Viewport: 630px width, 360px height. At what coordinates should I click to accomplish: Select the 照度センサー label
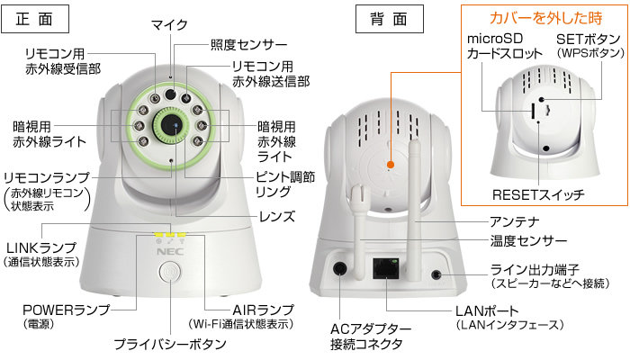[x=248, y=43]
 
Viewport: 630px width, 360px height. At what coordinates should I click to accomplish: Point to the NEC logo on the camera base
[x=168, y=253]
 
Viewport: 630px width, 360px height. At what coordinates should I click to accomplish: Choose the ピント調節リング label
[x=284, y=184]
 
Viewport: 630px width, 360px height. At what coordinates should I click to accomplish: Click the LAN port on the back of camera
[x=385, y=266]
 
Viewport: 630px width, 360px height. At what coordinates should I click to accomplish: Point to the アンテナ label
[x=514, y=221]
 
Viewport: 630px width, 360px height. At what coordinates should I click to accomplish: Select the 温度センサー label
[x=527, y=241]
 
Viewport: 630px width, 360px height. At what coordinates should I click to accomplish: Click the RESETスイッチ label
[x=538, y=194]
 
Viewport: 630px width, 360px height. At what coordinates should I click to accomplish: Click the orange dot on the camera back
[x=391, y=166]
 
